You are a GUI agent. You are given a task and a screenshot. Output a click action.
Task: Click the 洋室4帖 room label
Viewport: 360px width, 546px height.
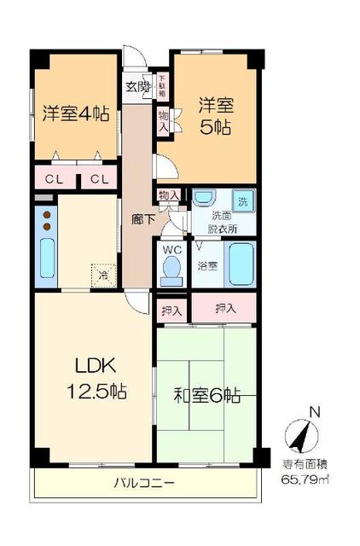pyautogui.click(x=76, y=113)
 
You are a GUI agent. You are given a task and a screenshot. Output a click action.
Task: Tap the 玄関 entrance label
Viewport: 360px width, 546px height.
pyautogui.click(x=137, y=86)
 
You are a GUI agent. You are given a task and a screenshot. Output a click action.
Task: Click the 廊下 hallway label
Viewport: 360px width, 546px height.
pyautogui.click(x=142, y=218)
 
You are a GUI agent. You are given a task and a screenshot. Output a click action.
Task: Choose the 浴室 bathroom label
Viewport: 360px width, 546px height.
pyautogui.click(x=206, y=265)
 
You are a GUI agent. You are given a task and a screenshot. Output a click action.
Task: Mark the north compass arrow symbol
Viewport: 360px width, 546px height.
pyautogui.click(x=298, y=437)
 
